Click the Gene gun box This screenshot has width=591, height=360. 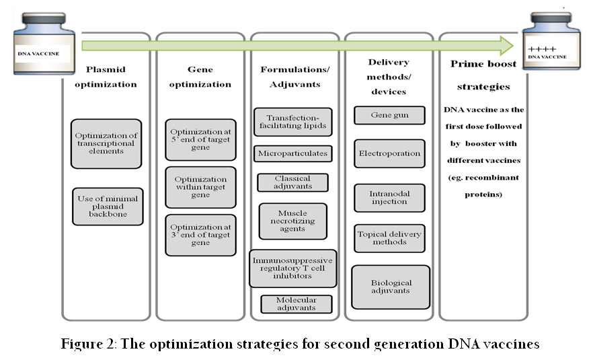[389, 115]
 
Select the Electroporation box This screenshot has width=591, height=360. [389, 153]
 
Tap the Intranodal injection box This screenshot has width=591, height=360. [389, 198]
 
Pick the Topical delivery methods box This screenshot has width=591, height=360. [389, 238]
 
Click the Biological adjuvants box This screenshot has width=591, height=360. [391, 287]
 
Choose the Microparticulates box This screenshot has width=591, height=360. [293, 153]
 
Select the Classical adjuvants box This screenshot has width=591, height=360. [293, 182]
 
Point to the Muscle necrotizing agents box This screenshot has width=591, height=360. [293, 221]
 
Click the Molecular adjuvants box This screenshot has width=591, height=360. [297, 303]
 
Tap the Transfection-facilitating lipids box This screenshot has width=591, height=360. [293, 122]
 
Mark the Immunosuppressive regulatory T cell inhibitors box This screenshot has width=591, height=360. [293, 268]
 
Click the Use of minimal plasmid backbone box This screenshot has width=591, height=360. [108, 207]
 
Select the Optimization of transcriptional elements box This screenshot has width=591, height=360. [106, 143]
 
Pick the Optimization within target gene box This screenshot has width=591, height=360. [200, 187]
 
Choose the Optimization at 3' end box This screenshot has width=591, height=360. [200, 235]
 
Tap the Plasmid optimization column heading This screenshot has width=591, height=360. [106, 77]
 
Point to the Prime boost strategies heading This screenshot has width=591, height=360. [483, 75]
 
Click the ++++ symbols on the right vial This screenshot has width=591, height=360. [542, 49]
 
